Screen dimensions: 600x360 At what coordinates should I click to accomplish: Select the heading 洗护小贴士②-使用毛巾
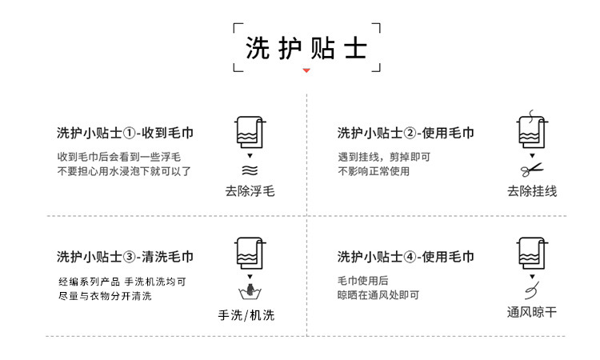pyautogui.click(x=405, y=133)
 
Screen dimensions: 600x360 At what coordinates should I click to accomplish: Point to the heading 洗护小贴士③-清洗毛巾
pyautogui.click(x=125, y=257)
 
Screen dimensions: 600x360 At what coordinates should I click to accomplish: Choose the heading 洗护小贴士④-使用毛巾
pyautogui.click(x=405, y=257)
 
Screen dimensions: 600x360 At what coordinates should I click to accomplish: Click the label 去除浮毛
pyautogui.click(x=250, y=191)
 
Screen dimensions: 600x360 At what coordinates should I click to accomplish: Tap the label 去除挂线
pyautogui.click(x=531, y=191)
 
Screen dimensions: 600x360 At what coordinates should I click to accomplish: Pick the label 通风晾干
pyautogui.click(x=531, y=312)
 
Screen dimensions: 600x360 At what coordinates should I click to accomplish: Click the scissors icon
pyautogui.click(x=530, y=170)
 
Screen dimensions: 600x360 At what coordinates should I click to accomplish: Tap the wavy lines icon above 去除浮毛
pyautogui.click(x=250, y=170)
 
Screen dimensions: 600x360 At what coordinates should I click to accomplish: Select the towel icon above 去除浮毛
pyautogui.click(x=250, y=132)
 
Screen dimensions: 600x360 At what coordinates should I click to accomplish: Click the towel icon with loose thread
pyautogui.click(x=530, y=132)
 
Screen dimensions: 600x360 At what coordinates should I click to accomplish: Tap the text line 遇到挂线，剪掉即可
pyautogui.click(x=385, y=157)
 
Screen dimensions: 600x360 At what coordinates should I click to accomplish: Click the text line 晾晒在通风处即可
pyautogui.click(x=378, y=295)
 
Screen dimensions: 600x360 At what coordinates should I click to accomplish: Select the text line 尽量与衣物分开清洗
pyautogui.click(x=104, y=296)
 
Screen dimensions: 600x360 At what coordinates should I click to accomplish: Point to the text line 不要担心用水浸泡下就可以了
pyautogui.click(x=124, y=171)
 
